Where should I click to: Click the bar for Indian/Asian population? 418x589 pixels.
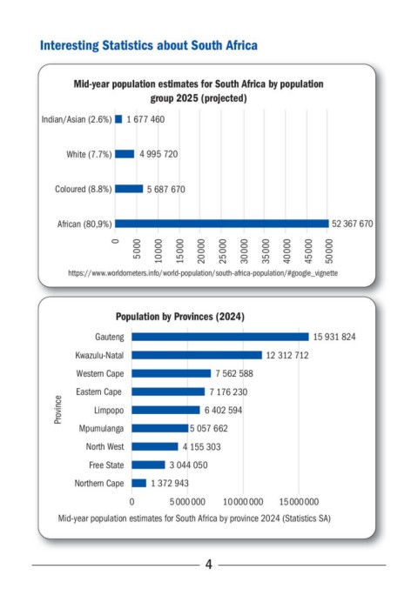click(118, 119)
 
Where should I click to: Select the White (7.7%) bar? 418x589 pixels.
click(125, 154)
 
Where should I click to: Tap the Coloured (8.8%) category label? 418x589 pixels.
click(84, 189)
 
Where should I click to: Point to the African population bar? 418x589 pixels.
click(222, 224)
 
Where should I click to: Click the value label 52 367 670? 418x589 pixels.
click(352, 224)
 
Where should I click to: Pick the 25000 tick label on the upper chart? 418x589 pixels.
click(223, 251)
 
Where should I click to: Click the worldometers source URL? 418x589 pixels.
click(203, 273)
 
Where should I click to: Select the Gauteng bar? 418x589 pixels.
click(220, 337)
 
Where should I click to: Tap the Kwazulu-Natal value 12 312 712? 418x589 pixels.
click(287, 355)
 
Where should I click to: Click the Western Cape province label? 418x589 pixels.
click(100, 373)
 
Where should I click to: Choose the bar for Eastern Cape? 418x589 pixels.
click(168, 392)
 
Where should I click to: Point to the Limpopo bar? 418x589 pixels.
click(165, 410)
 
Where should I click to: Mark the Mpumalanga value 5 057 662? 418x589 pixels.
click(209, 429)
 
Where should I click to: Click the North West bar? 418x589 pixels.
click(155, 446)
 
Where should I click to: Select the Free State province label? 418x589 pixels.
click(106, 465)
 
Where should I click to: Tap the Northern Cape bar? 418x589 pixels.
click(138, 483)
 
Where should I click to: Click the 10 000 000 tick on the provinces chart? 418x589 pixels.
click(243, 502)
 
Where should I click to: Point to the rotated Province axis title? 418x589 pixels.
click(57, 410)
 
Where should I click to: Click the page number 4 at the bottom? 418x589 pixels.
click(209, 565)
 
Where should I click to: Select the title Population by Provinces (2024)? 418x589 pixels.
click(180, 317)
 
